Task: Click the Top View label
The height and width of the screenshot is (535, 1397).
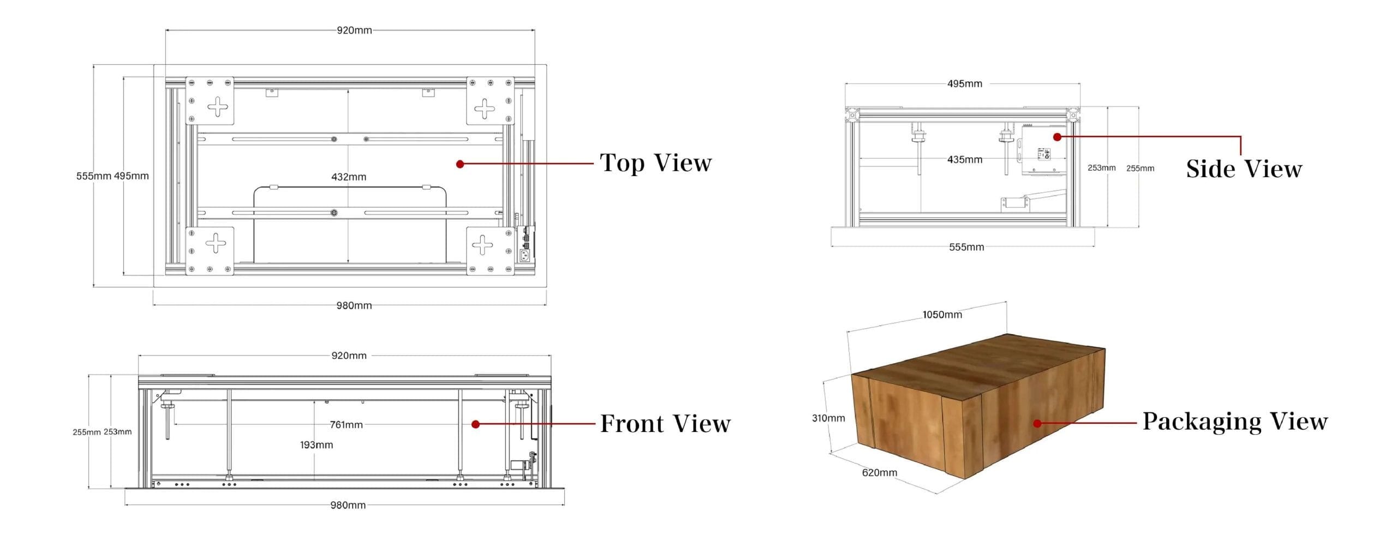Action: pyautogui.click(x=655, y=163)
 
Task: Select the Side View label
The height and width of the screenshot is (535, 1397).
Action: pyautogui.click(x=1244, y=169)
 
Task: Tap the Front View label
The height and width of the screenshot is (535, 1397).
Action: pyautogui.click(x=665, y=424)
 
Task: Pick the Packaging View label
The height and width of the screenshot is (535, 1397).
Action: pyautogui.click(x=1235, y=422)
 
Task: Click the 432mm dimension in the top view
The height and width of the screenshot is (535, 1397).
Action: pyautogui.click(x=349, y=177)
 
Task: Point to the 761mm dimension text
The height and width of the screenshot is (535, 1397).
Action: pyautogui.click(x=346, y=425)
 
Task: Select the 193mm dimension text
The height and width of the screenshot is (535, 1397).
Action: pyautogui.click(x=317, y=445)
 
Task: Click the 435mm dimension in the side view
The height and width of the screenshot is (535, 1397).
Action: pyautogui.click(x=965, y=160)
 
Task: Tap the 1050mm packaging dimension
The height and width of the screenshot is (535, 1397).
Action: pyautogui.click(x=942, y=315)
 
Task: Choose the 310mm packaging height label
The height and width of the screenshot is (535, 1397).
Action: pyautogui.click(x=828, y=418)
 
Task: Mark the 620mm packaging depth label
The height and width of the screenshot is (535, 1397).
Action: pyautogui.click(x=880, y=473)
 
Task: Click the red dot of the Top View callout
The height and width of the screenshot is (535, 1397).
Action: pyautogui.click(x=460, y=164)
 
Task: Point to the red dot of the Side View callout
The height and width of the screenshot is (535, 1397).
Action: pyautogui.click(x=1057, y=137)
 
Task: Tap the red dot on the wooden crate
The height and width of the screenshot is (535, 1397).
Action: pyautogui.click(x=1037, y=423)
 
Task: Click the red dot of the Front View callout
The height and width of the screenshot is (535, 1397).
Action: pyautogui.click(x=475, y=424)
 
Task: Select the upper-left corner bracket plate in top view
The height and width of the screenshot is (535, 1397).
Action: pyautogui.click(x=210, y=101)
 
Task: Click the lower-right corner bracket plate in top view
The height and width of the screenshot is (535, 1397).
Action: pyautogui.click(x=490, y=251)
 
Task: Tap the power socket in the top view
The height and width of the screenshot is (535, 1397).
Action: pyautogui.click(x=524, y=255)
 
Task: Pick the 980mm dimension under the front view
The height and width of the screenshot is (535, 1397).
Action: pyautogui.click(x=348, y=506)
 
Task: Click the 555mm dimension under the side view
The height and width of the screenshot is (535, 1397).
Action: pyautogui.click(x=966, y=247)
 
